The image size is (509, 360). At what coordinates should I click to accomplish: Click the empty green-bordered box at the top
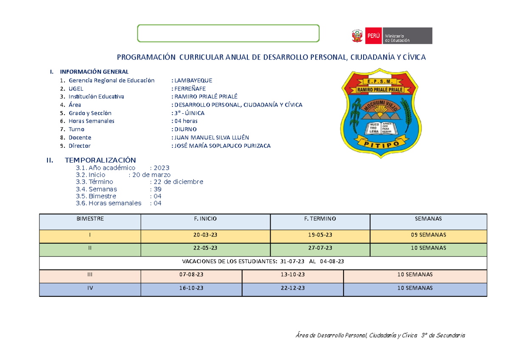[x=228, y=34]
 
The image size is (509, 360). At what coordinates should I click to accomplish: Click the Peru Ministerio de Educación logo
[x=390, y=36]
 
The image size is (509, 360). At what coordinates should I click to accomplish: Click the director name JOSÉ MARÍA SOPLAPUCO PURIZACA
[x=221, y=146]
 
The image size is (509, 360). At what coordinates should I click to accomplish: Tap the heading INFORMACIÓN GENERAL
[x=94, y=71]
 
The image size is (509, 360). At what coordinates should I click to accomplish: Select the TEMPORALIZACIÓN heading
[x=100, y=160]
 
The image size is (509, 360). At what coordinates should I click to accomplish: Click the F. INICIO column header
[x=205, y=219]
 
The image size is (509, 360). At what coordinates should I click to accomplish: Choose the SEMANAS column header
[x=428, y=219]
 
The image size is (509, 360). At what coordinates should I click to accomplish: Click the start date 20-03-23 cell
[x=205, y=235]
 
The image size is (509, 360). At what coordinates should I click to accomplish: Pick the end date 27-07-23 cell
[x=320, y=248]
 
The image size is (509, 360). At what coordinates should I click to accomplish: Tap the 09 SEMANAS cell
[x=428, y=235]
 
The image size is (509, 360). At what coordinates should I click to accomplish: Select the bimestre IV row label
[x=89, y=288]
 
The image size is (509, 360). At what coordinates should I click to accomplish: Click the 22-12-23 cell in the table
[x=293, y=288]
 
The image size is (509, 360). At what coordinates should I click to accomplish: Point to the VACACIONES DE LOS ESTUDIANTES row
[x=263, y=262]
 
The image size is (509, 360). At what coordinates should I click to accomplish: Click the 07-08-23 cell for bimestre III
[x=191, y=275]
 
